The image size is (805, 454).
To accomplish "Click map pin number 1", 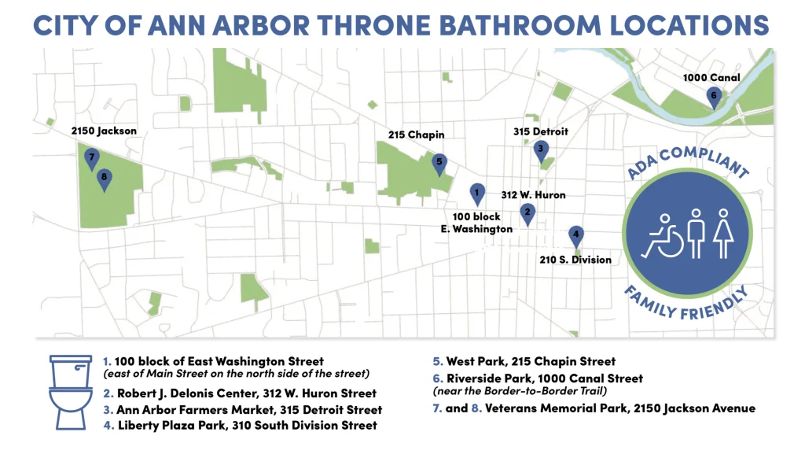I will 476,191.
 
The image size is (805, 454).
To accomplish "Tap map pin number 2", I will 527,212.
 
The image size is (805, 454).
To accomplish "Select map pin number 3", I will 540,148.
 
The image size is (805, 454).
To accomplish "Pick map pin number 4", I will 576,234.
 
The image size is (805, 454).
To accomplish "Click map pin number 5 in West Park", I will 439,163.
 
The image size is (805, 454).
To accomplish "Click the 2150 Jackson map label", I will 104,131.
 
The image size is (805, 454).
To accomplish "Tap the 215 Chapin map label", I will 417,135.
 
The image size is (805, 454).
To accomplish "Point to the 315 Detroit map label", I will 540,131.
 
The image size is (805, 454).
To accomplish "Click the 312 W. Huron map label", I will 533,195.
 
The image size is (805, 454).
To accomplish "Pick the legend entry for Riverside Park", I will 538,378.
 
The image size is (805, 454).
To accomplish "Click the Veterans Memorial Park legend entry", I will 594,408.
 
